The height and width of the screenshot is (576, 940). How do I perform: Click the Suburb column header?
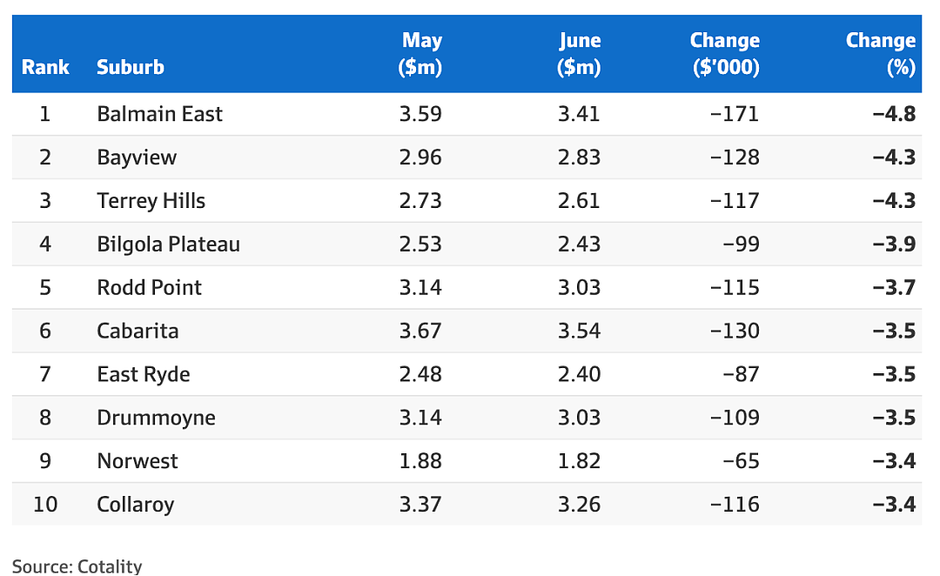coord(130,67)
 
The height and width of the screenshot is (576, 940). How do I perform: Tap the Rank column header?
coord(45,67)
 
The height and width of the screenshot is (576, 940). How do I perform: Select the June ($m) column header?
coord(579,53)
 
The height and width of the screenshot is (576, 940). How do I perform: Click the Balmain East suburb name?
coord(159,114)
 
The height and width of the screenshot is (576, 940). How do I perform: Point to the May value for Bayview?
coord(420,157)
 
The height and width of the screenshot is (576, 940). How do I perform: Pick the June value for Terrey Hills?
coord(579,201)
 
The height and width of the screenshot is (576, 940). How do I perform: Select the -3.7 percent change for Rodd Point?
coord(894,288)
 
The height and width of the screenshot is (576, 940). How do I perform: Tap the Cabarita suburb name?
coord(138,331)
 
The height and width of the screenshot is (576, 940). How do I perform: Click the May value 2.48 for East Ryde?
coord(420,374)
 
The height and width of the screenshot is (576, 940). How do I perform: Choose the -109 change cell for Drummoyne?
coord(735,418)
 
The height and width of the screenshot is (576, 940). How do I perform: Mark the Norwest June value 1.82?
coord(579,461)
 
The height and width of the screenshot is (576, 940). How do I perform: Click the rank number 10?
coord(45,505)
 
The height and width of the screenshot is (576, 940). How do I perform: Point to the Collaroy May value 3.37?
coord(420,505)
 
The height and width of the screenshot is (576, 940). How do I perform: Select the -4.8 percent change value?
coord(894,114)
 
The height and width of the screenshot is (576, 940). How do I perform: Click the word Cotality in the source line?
coord(110,566)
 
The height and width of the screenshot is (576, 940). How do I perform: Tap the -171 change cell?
coord(735,114)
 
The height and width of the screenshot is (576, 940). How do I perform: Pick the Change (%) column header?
coord(881,53)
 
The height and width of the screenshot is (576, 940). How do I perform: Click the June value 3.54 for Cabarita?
coord(579,331)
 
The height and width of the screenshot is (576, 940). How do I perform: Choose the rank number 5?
coord(45,288)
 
